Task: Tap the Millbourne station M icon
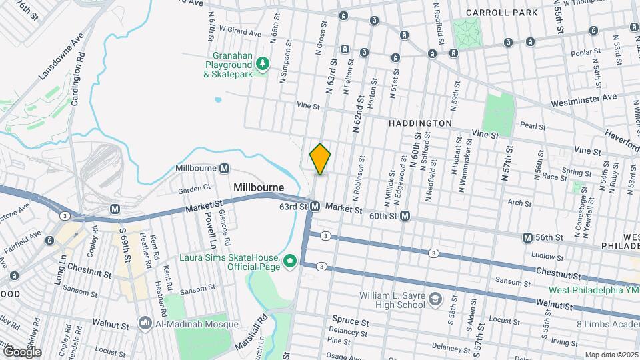click(x=225, y=169)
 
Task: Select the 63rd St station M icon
click(x=315, y=207)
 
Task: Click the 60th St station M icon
click(x=405, y=216)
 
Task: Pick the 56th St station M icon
click(x=527, y=237)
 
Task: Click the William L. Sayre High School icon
click(x=435, y=298)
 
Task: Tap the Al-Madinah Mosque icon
click(x=145, y=324)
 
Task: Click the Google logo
click(x=21, y=351)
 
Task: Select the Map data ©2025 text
click(x=611, y=355)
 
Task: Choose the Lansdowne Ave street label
click(x=60, y=56)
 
